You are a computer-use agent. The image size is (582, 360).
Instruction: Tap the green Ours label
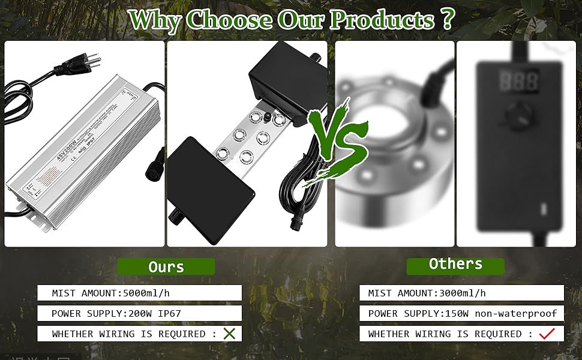(166, 267)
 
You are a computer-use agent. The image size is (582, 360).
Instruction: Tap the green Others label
(455, 264)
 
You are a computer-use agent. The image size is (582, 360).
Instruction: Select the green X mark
(229, 334)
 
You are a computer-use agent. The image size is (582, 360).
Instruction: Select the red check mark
(546, 334)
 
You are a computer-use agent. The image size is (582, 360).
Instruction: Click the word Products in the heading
(382, 20)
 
